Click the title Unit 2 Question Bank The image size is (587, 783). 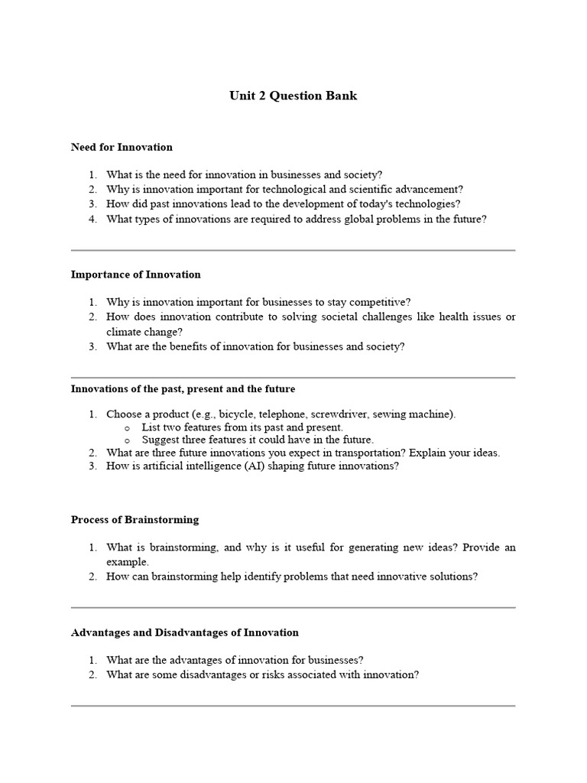pyautogui.click(x=293, y=96)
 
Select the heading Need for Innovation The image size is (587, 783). pyautogui.click(x=122, y=147)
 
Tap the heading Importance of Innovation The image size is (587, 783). pyautogui.click(x=135, y=275)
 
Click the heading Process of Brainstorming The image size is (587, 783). pyautogui.click(x=135, y=520)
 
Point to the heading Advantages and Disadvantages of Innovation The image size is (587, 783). pyautogui.click(x=184, y=632)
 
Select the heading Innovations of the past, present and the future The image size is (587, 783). pyautogui.click(x=183, y=389)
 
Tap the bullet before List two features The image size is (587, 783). pyautogui.click(x=126, y=428)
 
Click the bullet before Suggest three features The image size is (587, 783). pyautogui.click(x=126, y=440)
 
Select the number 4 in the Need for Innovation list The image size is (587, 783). pyautogui.click(x=92, y=219)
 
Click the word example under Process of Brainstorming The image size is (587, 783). pyautogui.click(x=127, y=562)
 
